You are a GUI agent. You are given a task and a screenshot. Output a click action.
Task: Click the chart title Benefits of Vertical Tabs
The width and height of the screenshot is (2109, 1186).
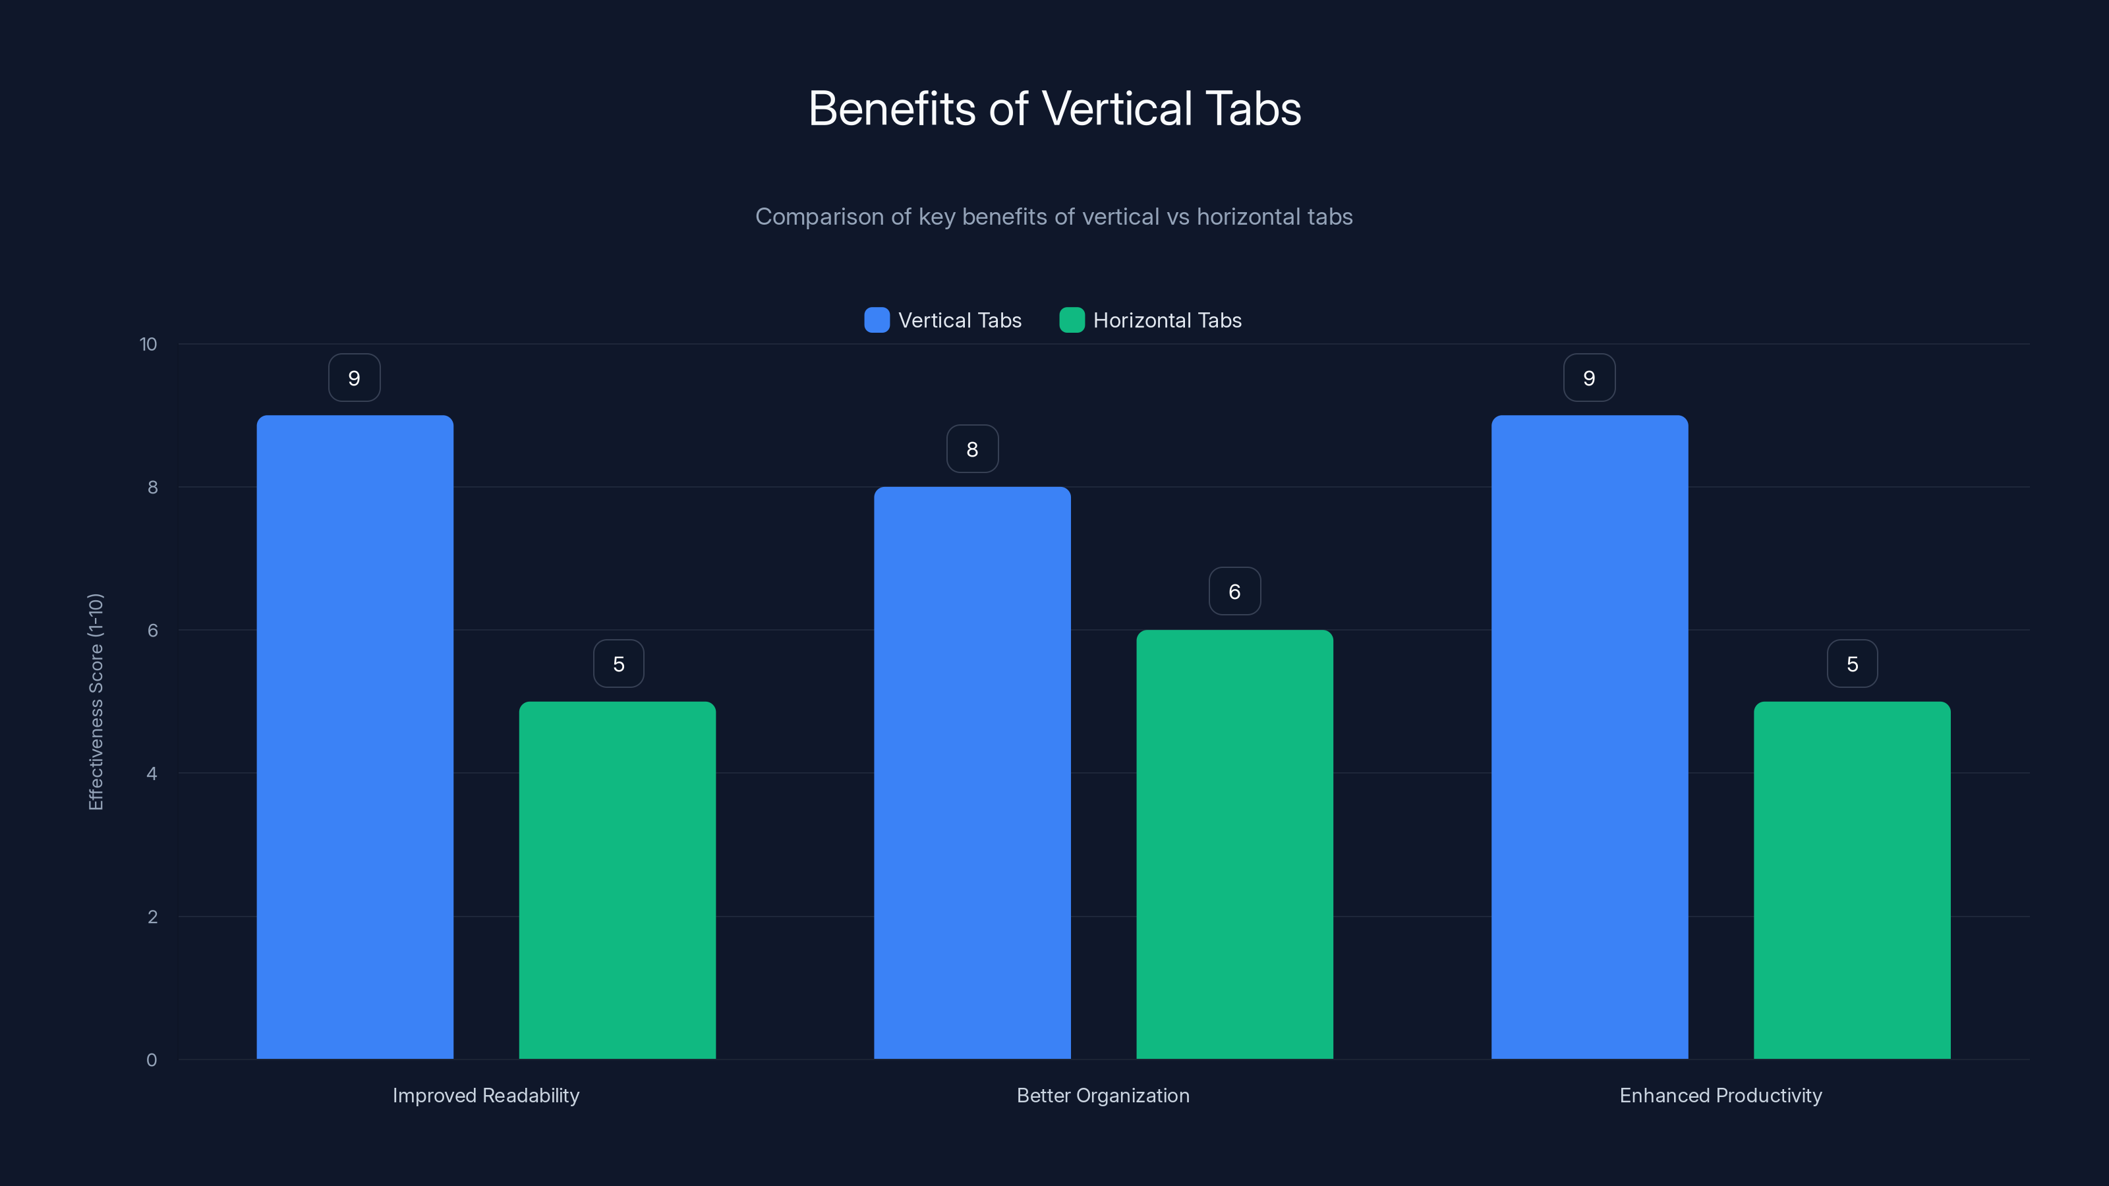(1054, 109)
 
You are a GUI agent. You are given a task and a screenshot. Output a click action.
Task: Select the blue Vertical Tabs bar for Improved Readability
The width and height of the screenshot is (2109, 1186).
(355, 737)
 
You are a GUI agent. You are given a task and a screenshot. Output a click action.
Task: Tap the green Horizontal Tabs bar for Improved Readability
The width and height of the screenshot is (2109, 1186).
(618, 880)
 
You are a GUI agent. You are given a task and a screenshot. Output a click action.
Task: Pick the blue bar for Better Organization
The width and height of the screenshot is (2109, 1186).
(972, 773)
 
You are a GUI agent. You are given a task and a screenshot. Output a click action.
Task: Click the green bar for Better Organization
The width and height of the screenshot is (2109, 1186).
(1234, 844)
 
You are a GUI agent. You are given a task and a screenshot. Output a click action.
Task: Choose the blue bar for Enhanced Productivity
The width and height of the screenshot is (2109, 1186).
(1589, 737)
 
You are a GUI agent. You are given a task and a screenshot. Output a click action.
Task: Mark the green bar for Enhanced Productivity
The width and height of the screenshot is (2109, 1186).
(1852, 880)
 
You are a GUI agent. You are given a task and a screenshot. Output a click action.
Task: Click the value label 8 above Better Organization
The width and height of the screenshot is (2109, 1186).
(972, 449)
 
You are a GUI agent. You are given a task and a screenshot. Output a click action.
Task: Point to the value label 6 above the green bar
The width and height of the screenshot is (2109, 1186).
(1234, 592)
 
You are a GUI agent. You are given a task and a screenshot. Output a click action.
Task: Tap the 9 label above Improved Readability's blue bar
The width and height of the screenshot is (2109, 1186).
(355, 378)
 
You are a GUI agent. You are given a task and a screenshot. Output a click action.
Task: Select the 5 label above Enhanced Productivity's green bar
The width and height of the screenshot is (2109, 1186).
(1852, 664)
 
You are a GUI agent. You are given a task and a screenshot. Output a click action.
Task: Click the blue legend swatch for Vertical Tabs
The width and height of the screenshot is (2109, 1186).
(877, 320)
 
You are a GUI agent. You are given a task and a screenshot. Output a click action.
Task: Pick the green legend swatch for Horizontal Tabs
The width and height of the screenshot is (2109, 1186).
(1072, 320)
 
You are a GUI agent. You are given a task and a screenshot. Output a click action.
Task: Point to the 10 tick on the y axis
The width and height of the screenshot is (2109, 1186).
(148, 345)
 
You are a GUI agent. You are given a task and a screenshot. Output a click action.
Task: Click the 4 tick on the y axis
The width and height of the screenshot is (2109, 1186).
(152, 774)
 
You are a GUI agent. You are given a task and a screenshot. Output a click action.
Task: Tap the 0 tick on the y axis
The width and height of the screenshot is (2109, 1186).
(152, 1060)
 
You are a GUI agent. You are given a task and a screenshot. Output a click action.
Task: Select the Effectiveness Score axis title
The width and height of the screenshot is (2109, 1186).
(96, 702)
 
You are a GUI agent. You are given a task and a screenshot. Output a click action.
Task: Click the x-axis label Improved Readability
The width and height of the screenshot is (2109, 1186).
(486, 1095)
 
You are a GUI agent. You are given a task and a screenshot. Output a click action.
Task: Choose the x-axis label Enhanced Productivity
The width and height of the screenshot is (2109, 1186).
(1720, 1095)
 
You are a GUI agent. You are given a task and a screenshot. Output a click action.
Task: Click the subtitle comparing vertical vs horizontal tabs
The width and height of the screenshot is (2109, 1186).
(1054, 217)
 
